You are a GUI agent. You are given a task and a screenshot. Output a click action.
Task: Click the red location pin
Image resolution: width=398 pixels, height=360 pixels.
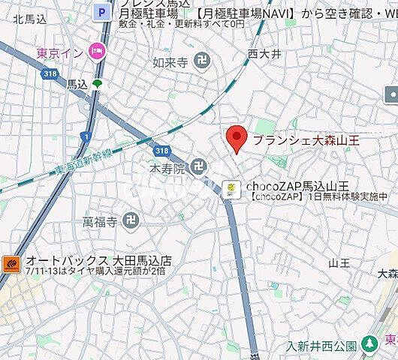click(x=237, y=138)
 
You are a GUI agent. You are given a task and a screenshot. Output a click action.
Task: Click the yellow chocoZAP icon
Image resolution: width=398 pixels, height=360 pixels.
click(x=233, y=188)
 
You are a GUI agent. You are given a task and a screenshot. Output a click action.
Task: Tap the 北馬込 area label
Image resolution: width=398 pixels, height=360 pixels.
click(x=28, y=20)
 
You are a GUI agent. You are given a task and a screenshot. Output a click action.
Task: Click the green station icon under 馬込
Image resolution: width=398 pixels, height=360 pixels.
click(x=97, y=83)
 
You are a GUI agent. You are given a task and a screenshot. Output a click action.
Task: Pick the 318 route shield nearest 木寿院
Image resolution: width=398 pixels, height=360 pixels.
click(x=159, y=150)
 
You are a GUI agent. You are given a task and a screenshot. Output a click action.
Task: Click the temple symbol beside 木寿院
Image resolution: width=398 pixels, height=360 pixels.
click(x=199, y=166)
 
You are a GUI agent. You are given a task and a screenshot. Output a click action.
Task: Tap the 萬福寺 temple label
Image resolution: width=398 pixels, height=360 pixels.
click(x=99, y=221)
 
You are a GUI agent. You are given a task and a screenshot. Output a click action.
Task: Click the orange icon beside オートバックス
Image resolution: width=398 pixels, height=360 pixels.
click(x=12, y=263)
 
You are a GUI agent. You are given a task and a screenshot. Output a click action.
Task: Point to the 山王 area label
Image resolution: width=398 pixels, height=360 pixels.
click(x=339, y=262)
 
